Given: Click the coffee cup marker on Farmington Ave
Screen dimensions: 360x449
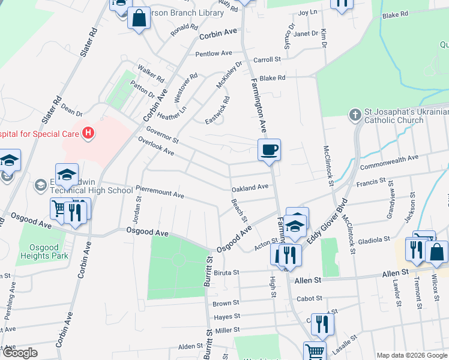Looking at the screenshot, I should [270, 149].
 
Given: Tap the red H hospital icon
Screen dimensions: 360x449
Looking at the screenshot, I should [89, 133].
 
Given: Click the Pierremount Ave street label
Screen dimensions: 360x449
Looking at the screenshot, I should [160, 194].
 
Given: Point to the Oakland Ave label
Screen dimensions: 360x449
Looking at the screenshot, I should [250, 187].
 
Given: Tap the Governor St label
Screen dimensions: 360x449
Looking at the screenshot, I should [162, 135].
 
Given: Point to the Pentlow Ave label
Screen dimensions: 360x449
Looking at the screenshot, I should [214, 53].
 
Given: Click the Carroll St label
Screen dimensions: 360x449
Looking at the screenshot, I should [267, 59].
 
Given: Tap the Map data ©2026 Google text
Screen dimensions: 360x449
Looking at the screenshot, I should [411, 355].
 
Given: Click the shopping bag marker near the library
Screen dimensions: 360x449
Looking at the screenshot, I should [139, 19].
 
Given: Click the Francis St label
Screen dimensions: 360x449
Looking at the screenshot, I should [373, 181].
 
